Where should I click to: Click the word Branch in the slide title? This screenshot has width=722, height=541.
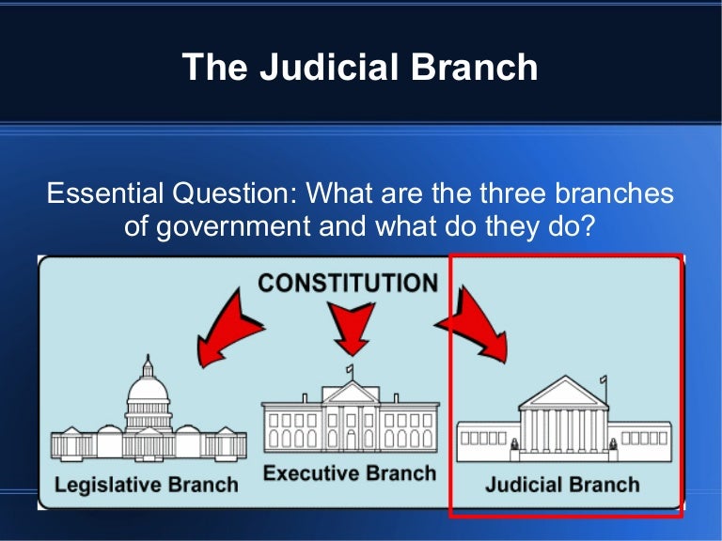pyautogui.click(x=479, y=67)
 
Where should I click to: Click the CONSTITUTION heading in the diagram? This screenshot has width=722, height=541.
pyautogui.click(x=348, y=283)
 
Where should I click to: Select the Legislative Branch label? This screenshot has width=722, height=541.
pyautogui.click(x=146, y=486)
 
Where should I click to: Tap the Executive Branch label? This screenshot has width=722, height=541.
pyautogui.click(x=350, y=472)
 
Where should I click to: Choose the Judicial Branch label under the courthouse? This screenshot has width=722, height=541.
pyautogui.click(x=562, y=485)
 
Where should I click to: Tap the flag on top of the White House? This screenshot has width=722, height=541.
pyautogui.click(x=351, y=369)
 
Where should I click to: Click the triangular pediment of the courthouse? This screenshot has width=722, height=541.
pyautogui.click(x=564, y=392)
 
